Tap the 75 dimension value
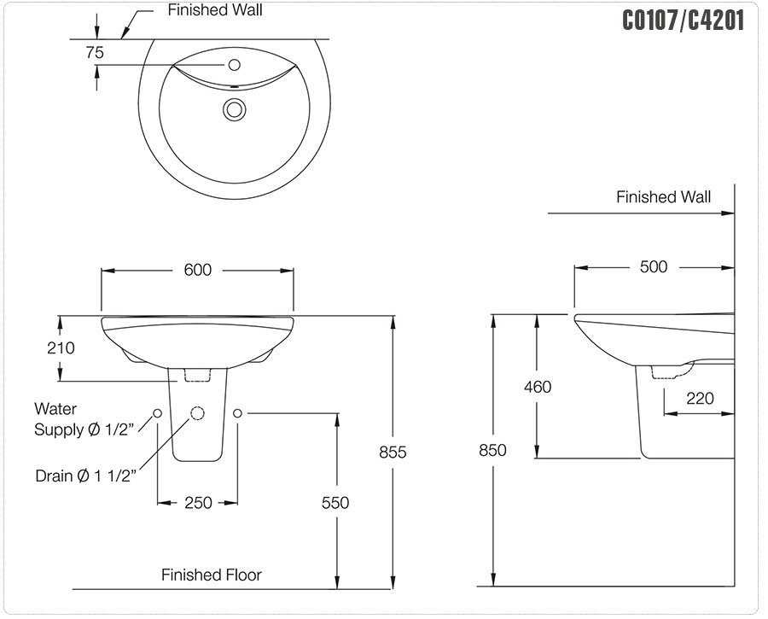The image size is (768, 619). coord(95,52)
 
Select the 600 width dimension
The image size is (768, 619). coord(197,270)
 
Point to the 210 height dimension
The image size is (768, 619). coord(61,347)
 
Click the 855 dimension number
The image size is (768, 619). coord(393,452)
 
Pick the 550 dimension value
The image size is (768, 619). coord(335,503)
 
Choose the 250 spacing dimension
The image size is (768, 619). coord(198,503)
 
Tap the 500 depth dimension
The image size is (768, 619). coord(654,266)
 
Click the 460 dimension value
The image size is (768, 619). coord(538,387)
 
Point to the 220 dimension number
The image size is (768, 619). coord(699,398)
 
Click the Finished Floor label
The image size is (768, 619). coord(212,575)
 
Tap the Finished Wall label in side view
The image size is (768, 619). coord(663,197)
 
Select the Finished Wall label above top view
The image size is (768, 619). coord(215,10)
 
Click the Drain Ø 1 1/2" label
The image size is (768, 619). coord(84,475)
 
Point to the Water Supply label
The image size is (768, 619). coord(84,419)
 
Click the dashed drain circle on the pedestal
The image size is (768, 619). coord(198,413)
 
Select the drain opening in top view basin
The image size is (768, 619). coord(234,108)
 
